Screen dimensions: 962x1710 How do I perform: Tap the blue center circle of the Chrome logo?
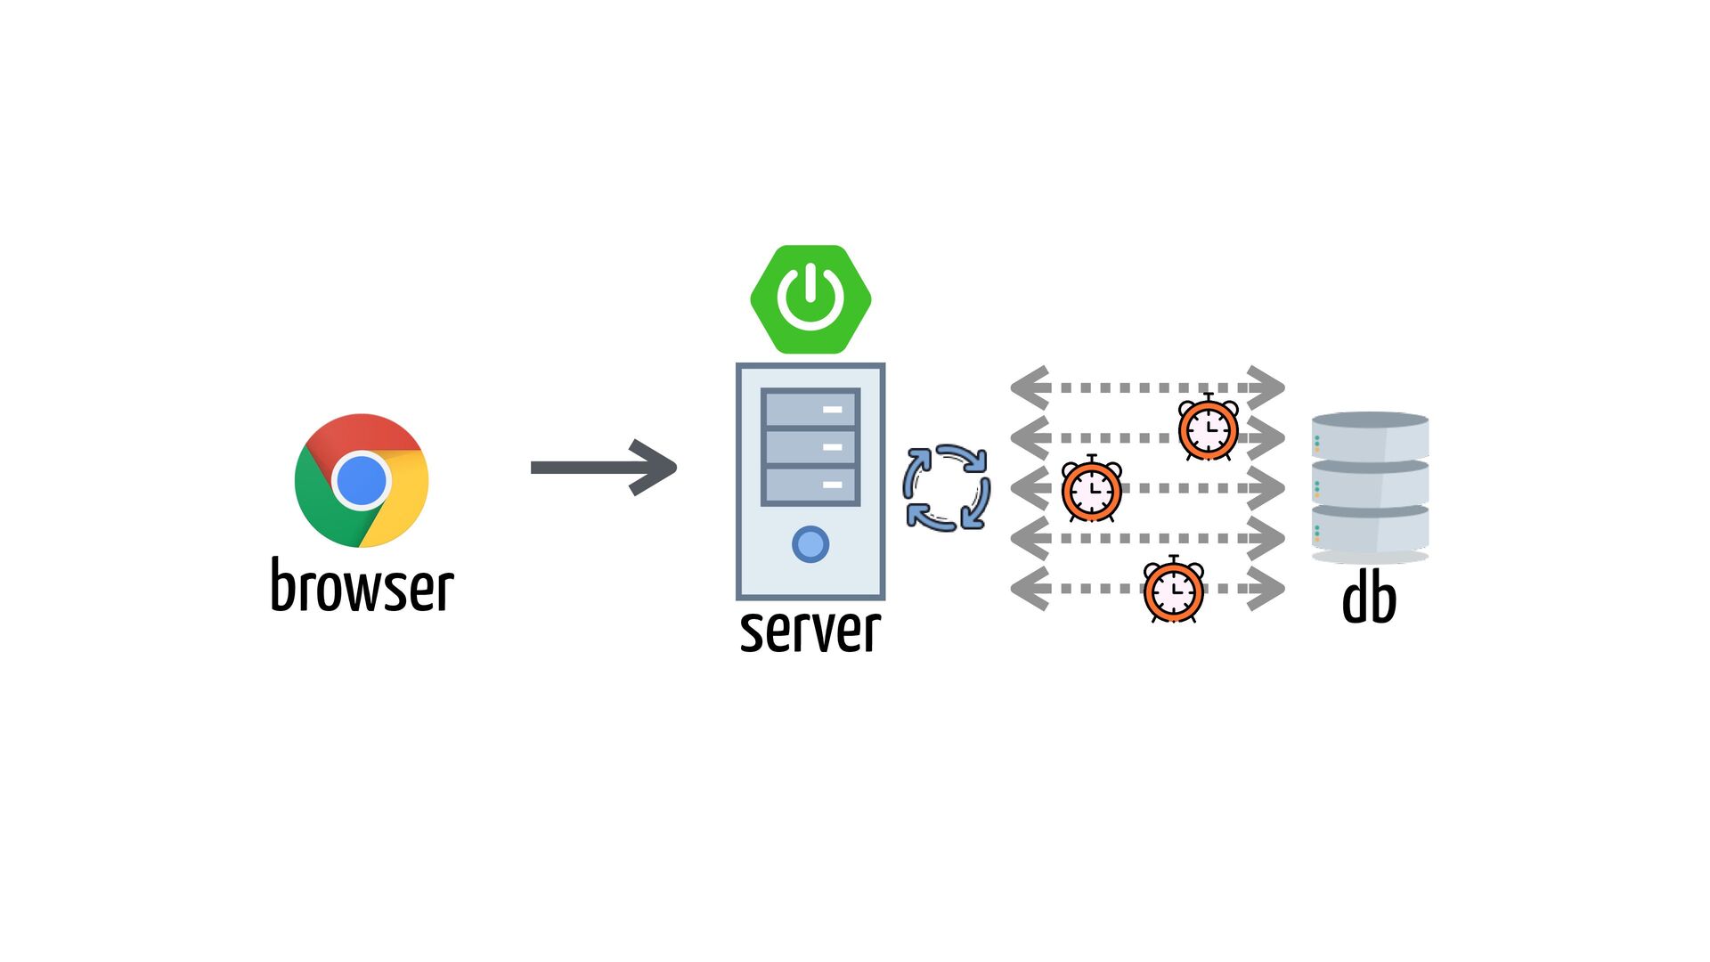point(362,480)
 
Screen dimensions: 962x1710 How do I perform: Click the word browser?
point(362,586)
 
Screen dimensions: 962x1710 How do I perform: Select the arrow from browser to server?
point(604,467)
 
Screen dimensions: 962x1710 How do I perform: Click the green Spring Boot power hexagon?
point(810,299)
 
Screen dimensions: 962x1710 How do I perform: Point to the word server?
point(810,631)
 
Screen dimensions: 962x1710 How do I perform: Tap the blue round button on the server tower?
point(810,544)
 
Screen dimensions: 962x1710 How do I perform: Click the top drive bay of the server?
point(810,409)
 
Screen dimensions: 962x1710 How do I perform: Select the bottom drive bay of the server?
point(810,485)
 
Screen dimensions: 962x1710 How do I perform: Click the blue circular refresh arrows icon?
point(947,488)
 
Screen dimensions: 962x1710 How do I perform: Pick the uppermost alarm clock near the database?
point(1208,428)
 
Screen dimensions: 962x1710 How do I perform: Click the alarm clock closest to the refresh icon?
point(1092,489)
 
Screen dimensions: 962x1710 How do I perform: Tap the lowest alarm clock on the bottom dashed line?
point(1174,590)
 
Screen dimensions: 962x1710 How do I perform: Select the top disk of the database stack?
point(1370,435)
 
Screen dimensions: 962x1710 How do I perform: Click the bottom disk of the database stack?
point(1370,530)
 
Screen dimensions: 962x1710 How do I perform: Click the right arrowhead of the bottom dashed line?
point(1265,589)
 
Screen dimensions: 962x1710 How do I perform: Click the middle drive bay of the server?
point(810,447)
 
